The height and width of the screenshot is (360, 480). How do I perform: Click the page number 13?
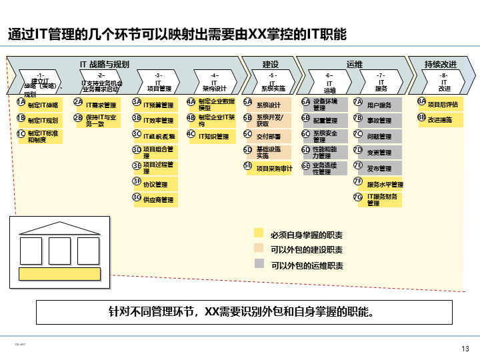tap(465, 349)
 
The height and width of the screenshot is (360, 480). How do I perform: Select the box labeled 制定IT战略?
tap(44, 105)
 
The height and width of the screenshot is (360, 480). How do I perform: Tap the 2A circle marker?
tap(78, 102)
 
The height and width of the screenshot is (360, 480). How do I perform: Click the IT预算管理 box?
tap(159, 105)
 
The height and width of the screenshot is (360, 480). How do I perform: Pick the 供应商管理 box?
tap(159, 199)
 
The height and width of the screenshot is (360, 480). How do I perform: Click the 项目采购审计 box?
tap(274, 169)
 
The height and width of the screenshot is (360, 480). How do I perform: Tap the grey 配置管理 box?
tap(329, 121)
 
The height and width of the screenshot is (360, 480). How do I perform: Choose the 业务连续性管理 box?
tap(329, 168)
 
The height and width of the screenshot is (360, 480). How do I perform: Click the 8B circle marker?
tap(421, 117)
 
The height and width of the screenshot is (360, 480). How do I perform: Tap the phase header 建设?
tap(270, 64)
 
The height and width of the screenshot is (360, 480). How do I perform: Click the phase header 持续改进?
tap(440, 64)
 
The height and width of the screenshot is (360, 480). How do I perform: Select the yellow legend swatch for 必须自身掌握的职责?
tap(259, 234)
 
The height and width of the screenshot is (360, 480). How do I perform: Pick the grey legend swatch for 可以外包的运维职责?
tap(259, 264)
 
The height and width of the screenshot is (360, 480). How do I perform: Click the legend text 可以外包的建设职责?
tap(307, 249)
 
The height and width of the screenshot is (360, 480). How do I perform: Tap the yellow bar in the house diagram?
tap(60, 273)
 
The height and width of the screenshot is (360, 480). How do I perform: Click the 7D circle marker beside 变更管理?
tap(358, 150)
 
